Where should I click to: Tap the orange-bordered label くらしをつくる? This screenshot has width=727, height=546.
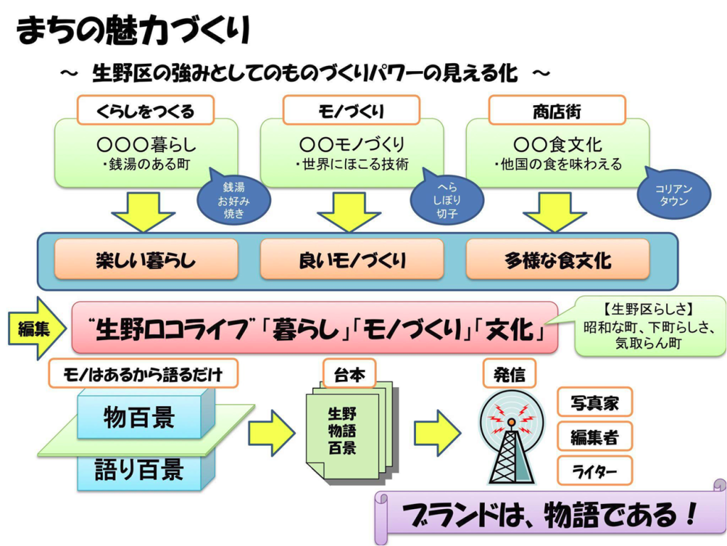pos(145,111)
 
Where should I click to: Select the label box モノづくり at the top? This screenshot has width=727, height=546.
pos(351,111)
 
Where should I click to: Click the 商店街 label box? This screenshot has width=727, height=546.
pos(557,111)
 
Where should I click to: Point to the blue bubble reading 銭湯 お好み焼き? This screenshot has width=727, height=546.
pos(234,200)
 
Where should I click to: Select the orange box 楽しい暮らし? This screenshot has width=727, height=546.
pos(146,260)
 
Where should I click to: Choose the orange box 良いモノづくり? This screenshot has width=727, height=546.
pos(352,260)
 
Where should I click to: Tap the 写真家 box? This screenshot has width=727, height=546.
pos(594,403)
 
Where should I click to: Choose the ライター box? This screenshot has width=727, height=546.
pos(594,471)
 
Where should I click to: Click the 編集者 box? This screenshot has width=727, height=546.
pos(594,437)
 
